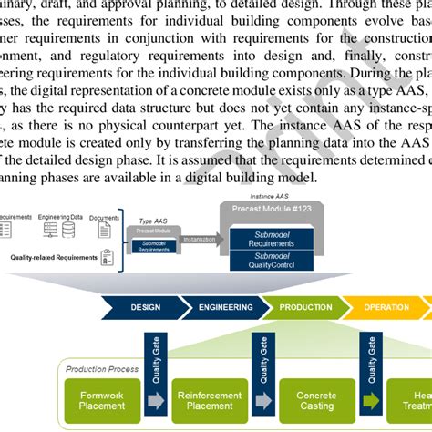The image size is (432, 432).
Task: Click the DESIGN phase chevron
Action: (x=144, y=307)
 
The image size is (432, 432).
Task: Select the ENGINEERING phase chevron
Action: (x=224, y=307)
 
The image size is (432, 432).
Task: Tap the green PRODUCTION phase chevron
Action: (x=304, y=307)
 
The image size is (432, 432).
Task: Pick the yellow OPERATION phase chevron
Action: (x=386, y=307)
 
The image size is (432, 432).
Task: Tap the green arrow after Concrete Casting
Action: (x=369, y=400)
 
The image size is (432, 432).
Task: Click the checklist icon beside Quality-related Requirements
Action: (x=106, y=258)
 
